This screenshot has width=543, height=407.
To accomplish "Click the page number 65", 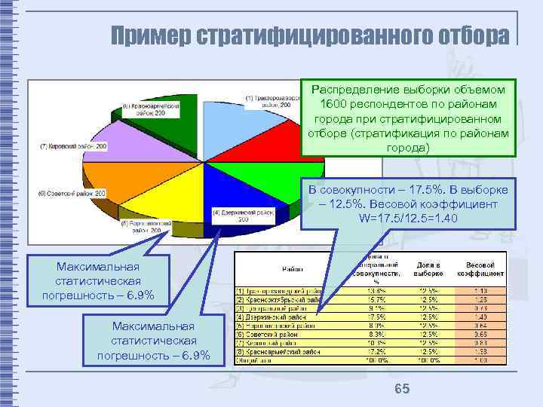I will [402, 388].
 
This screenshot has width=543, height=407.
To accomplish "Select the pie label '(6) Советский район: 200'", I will [72, 194].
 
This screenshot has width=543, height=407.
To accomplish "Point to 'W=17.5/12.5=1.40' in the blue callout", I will [408, 218].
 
